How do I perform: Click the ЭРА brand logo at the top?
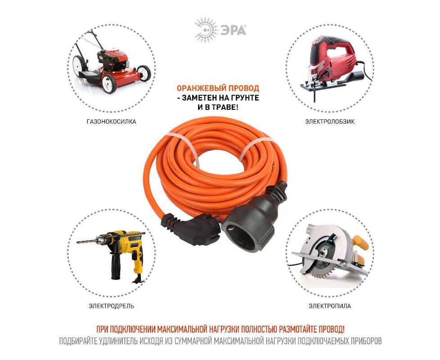click(x=220, y=30)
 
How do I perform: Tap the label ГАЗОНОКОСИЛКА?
click(x=112, y=122)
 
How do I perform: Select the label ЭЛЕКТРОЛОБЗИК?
click(x=330, y=122)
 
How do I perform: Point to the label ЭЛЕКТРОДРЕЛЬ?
click(x=112, y=306)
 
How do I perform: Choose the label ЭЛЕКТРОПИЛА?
click(x=330, y=306)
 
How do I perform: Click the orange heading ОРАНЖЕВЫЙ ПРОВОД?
click(x=218, y=88)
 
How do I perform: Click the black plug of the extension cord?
click(x=190, y=228)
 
